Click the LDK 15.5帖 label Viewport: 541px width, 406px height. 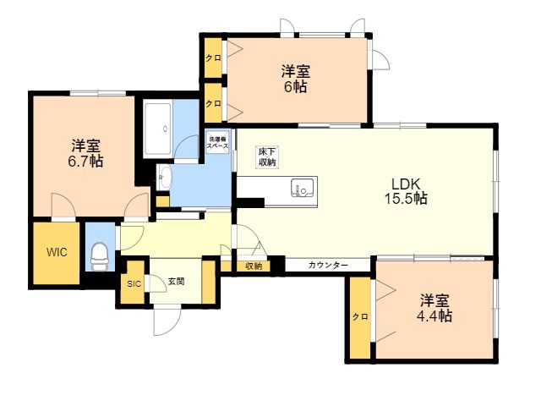tap(406, 191)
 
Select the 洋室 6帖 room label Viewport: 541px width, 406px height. tap(295, 79)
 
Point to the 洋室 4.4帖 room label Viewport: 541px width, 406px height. tap(434, 308)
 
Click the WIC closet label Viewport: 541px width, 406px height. tap(57, 252)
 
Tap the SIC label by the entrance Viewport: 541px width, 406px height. tap(134, 284)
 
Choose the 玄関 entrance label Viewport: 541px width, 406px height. tap(176, 281)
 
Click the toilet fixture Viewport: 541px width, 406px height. tap(100, 256)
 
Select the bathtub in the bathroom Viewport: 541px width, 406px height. tap(157, 129)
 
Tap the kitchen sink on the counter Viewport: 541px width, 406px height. tap(303, 188)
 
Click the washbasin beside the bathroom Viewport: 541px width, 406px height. tap(164, 177)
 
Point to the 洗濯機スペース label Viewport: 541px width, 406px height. tap(218, 142)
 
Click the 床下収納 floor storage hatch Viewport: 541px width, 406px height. tap(267, 157)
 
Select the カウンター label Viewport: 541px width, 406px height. tap(328, 265)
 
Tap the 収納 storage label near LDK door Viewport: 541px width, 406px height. tap(254, 266)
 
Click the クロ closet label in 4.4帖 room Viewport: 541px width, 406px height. tap(360, 316)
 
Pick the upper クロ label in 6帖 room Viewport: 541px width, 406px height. tap(213, 58)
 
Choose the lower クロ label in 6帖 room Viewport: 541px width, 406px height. tap(213, 103)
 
